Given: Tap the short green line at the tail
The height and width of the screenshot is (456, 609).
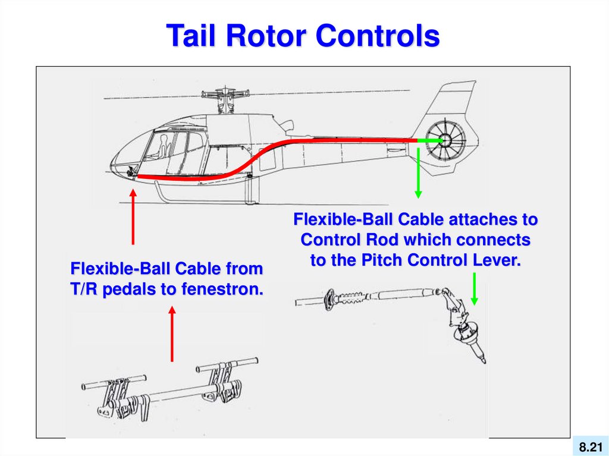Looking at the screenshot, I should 429,140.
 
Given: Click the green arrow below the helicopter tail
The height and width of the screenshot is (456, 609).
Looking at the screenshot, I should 418,172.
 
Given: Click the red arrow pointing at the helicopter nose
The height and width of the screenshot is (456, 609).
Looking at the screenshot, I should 133,216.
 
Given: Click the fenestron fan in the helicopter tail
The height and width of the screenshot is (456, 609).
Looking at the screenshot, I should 444,141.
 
